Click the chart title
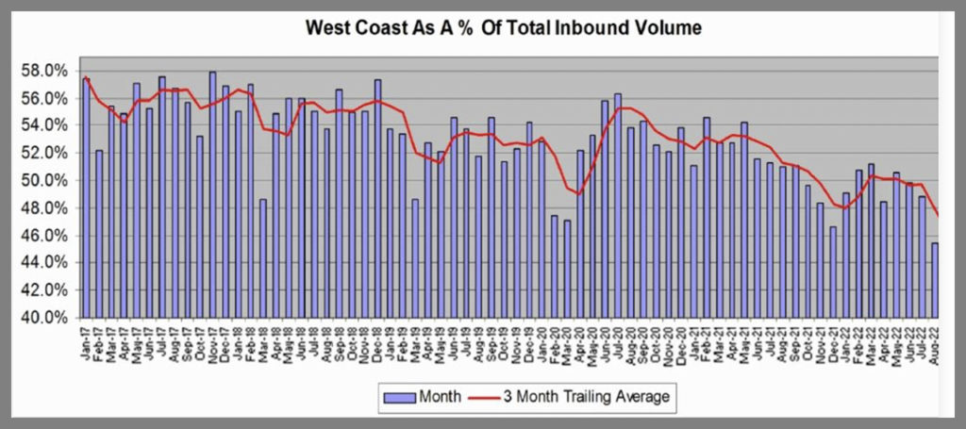[x=503, y=28]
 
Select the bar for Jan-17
[x=87, y=198]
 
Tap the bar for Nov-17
[x=213, y=194]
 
